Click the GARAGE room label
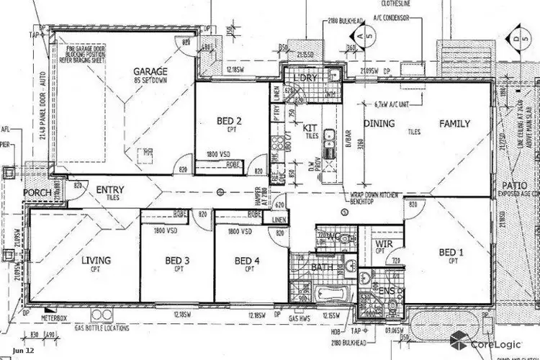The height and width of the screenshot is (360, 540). click(150, 71)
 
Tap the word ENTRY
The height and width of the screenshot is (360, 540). click(110, 190)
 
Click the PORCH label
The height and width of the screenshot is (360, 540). click(36, 193)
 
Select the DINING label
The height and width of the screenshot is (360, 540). click(379, 124)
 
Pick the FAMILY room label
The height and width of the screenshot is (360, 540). click(455, 124)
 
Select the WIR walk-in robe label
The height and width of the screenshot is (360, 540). click(384, 245)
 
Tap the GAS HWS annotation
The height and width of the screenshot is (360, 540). click(303, 317)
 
